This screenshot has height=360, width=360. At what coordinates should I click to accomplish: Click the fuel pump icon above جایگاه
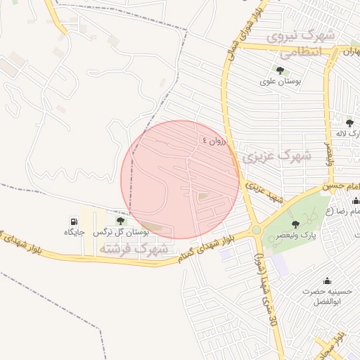(x=75, y=221)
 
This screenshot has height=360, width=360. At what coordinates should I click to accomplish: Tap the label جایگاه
(x=75, y=231)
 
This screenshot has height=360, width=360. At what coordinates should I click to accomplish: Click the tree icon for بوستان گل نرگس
(x=120, y=221)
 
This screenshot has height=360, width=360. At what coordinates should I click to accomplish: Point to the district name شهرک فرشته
(x=134, y=249)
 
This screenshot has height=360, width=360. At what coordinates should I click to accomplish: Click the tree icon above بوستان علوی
(x=281, y=70)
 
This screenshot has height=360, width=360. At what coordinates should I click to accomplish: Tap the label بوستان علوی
(x=281, y=82)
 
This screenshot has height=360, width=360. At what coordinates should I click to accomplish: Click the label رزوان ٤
(x=214, y=140)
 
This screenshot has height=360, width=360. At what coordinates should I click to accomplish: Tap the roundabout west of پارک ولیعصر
(x=256, y=230)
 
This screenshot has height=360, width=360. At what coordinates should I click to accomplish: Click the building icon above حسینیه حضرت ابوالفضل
(x=326, y=281)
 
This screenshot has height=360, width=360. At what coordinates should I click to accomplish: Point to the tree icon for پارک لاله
(x=349, y=123)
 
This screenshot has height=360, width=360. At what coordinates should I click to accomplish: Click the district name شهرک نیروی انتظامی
(x=299, y=44)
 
